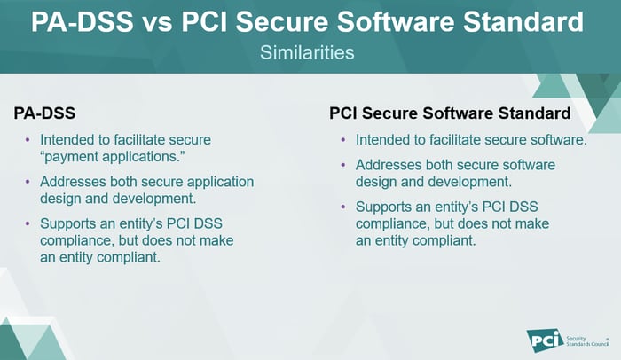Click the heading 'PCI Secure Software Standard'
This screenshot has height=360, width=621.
pyautogui.click(x=449, y=114)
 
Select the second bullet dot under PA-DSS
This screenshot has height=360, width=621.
pyautogui.click(x=28, y=182)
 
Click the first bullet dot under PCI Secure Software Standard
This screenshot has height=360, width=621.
pyautogui.click(x=343, y=140)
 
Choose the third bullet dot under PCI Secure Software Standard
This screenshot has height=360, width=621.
pyautogui.click(x=343, y=207)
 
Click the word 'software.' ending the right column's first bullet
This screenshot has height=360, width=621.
pyautogui.click(x=559, y=140)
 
